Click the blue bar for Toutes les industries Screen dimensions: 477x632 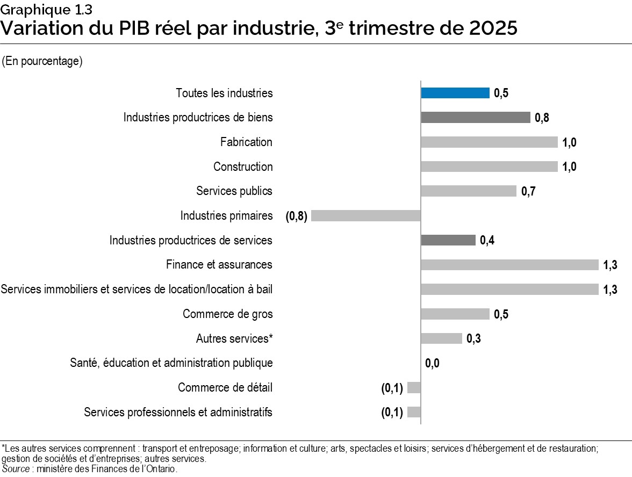tap(455, 93)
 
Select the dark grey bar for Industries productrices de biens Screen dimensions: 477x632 tap(476, 118)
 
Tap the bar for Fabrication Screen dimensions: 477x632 tap(489, 142)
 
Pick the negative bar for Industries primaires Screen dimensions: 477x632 tap(365, 216)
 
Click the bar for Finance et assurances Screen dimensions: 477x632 tap(509, 265)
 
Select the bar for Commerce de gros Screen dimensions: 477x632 tap(455, 314)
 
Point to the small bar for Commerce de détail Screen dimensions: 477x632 tap(414, 388)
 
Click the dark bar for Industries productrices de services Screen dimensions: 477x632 tap(448, 240)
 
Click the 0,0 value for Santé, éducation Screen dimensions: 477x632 tap(432, 364)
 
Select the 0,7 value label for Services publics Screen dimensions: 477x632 tap(529, 191)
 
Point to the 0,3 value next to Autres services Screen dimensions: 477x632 tap(473, 339)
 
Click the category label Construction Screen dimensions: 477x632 tap(243, 167)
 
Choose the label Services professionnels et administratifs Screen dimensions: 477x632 tap(178, 413)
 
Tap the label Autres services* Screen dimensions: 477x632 tap(234, 339)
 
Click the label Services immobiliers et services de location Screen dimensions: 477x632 tap(137, 290)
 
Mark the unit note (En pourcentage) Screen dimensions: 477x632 tap(42, 61)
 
